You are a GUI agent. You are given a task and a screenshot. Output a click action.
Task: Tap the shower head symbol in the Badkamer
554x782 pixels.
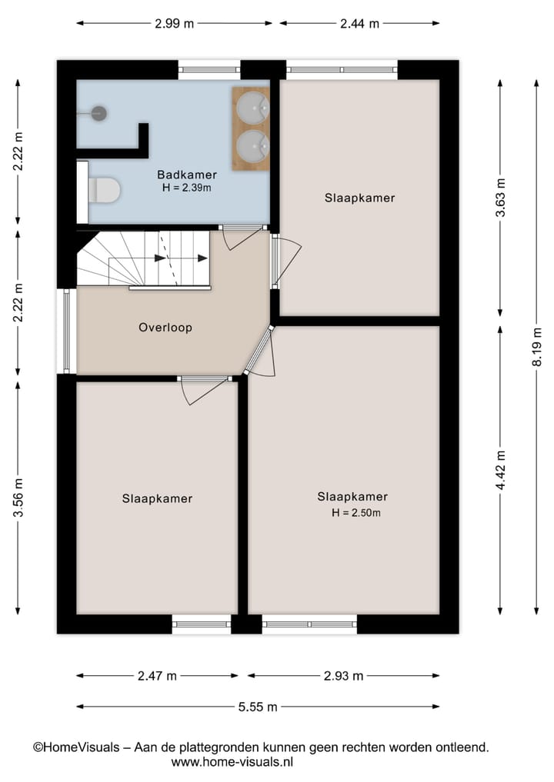pyautogui.click(x=98, y=113)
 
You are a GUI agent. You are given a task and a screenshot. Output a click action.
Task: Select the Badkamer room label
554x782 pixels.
pyautogui.click(x=187, y=174)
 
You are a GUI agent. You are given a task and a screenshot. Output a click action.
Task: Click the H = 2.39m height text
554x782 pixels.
pyautogui.click(x=187, y=188)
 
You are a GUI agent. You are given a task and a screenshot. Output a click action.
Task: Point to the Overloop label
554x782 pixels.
pyautogui.click(x=165, y=328)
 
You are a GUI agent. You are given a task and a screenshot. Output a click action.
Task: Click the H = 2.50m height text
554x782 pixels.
pyautogui.click(x=356, y=513)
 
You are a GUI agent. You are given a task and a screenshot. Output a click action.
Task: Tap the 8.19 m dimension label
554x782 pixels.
pyautogui.click(x=537, y=348)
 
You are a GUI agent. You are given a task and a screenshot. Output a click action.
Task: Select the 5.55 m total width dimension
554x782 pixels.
pyautogui.click(x=258, y=707)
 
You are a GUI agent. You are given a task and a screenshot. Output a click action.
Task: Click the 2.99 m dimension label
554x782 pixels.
pyautogui.click(x=174, y=23)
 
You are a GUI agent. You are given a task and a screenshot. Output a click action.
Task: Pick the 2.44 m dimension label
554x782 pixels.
pyautogui.click(x=359, y=23)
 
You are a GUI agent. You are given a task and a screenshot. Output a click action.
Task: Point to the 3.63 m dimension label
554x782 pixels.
pyautogui.click(x=501, y=198)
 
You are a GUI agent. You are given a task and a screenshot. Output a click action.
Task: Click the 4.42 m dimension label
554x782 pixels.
pyautogui.click(x=501, y=471)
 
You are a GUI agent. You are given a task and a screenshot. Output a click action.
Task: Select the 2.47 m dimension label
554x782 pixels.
pyautogui.click(x=157, y=676)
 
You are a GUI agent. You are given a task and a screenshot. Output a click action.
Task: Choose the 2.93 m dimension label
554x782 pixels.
pyautogui.click(x=343, y=676)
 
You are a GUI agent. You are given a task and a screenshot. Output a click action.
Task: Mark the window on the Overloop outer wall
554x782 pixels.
pyautogui.click(x=67, y=331)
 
